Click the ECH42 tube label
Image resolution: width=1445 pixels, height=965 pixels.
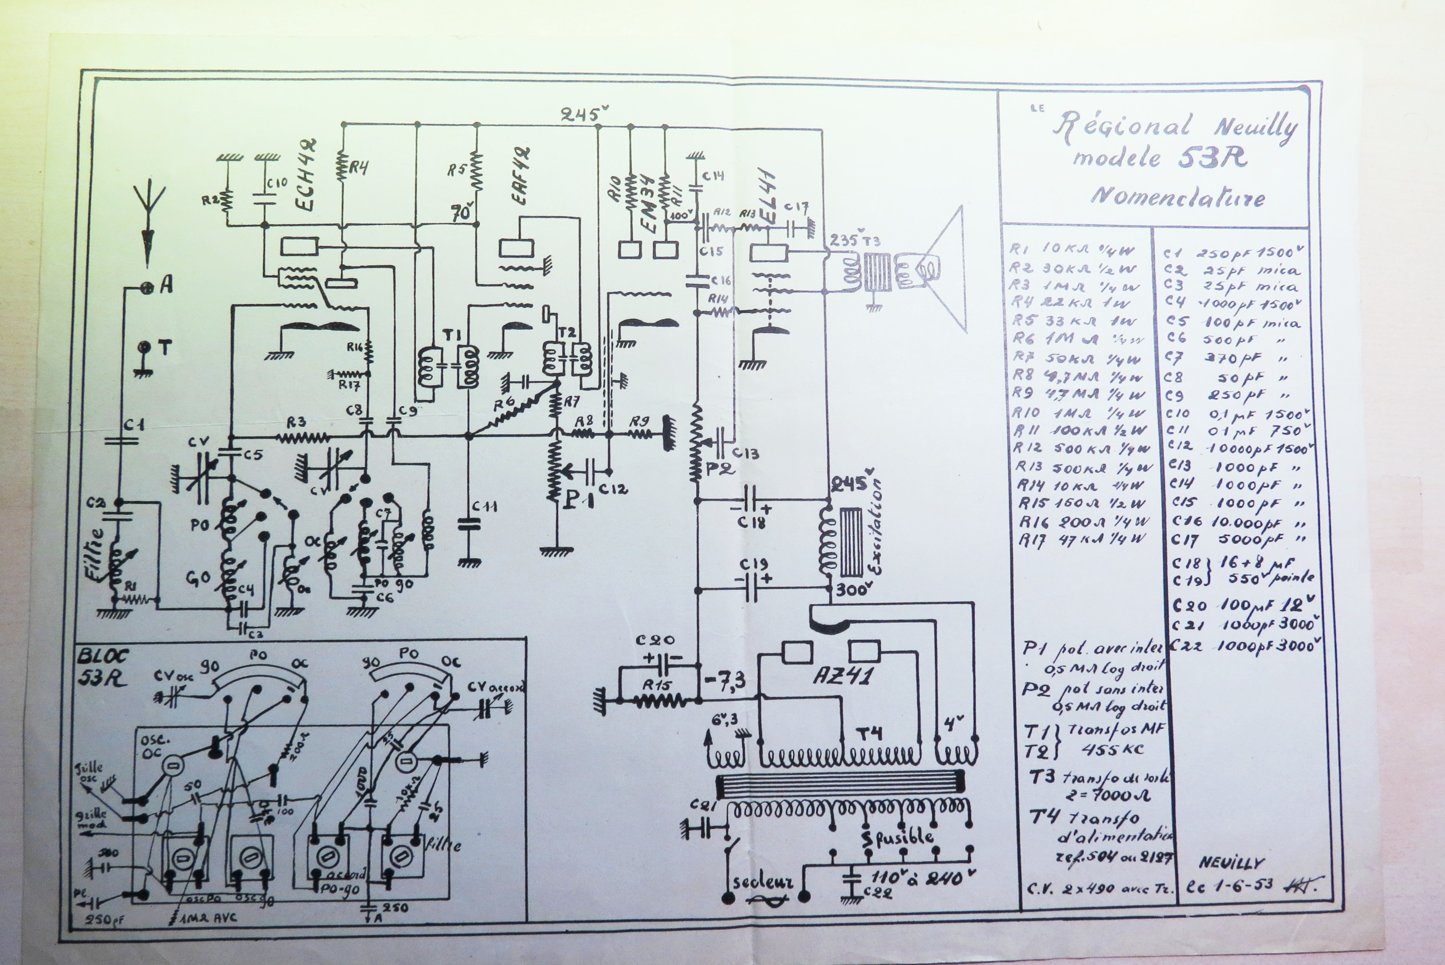click(x=306, y=175)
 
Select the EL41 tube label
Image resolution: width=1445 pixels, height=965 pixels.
click(x=768, y=198)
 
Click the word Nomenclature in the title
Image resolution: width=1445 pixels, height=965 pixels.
click(x=1178, y=197)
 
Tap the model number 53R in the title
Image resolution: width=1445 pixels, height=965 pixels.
click(x=1212, y=158)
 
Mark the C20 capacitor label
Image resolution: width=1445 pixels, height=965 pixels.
click(x=655, y=640)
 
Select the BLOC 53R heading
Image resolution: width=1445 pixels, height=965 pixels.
click(x=102, y=666)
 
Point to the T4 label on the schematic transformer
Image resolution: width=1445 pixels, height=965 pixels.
click(x=869, y=733)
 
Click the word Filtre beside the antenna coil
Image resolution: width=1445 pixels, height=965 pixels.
click(x=96, y=554)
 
